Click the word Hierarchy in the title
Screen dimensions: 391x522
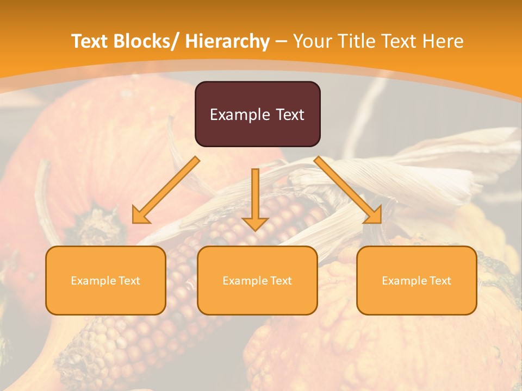click(227, 41)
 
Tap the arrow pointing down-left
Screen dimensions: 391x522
click(166, 190)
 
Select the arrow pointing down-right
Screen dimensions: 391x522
click(348, 190)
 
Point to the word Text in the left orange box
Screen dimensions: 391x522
click(129, 281)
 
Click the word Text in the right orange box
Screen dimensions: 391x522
click(440, 281)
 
